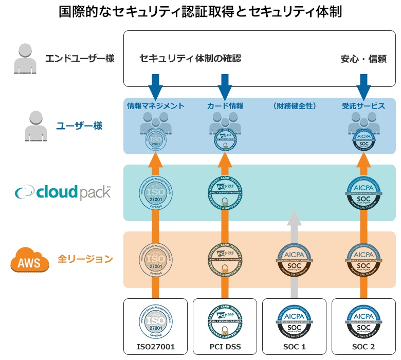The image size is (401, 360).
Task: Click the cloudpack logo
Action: pos(63,192)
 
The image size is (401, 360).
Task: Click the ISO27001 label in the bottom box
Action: pos(155,347)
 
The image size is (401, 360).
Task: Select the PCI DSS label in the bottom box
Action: pos(224,347)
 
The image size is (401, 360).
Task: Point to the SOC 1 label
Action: pos(294,347)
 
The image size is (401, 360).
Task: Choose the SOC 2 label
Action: pos(363,347)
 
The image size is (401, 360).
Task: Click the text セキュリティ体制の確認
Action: pos(190,58)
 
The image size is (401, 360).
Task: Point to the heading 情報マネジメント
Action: pos(155,106)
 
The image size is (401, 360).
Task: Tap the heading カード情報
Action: pos(225,106)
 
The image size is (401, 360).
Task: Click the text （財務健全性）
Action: pos(294,106)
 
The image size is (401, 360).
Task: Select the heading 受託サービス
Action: pos(363,106)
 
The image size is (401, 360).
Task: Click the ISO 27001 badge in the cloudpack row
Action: pos(155,192)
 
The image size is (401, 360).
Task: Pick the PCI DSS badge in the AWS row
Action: pos(225,259)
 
